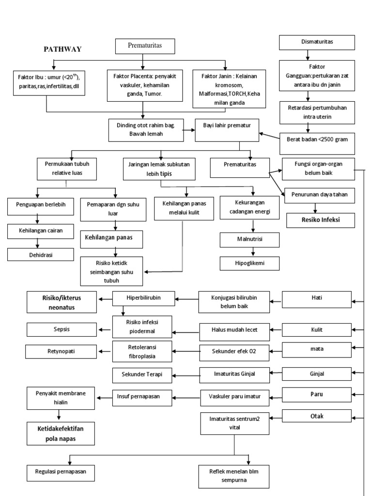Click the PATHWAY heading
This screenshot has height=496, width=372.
coord(63,49)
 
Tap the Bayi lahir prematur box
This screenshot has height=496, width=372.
coord(227,130)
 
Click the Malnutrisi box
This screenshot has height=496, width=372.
coord(249,239)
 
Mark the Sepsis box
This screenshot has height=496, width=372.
coord(62,329)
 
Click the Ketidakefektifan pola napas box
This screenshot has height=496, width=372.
coord(60,433)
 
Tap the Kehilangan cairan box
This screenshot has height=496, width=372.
coord(41,231)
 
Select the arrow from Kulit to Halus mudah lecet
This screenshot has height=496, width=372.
coord(275,330)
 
